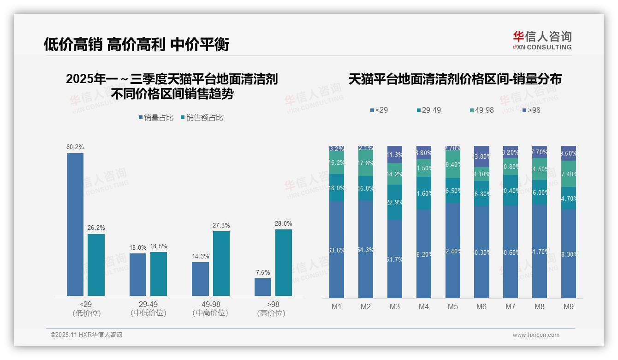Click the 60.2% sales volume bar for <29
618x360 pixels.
[x=75, y=224]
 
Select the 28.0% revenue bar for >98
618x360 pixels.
[x=284, y=263]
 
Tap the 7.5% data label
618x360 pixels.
[x=263, y=272]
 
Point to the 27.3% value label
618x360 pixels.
[x=221, y=225]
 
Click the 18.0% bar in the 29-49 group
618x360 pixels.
[x=137, y=275]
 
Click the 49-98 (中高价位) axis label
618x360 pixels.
[x=210, y=308]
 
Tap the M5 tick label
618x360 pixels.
[x=452, y=306]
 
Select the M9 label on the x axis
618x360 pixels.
[x=568, y=306]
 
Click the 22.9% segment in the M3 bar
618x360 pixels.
[x=395, y=202]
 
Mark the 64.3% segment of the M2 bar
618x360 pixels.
[x=365, y=249]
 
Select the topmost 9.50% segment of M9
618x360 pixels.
[x=568, y=153]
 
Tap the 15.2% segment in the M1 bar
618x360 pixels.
[x=337, y=163]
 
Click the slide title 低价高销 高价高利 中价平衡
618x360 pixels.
[x=137, y=45]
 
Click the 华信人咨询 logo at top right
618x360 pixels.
[x=542, y=40]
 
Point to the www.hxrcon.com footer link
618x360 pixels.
[x=536, y=335]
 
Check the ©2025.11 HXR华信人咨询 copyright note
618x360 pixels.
[x=86, y=335]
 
